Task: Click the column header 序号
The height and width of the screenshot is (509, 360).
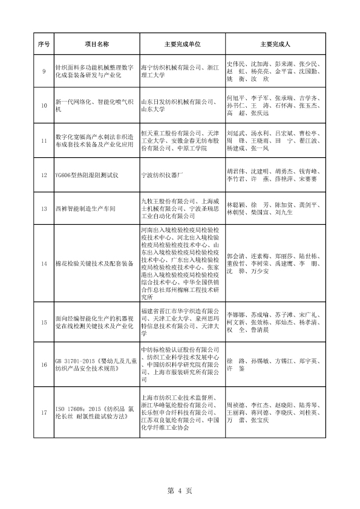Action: point(43,45)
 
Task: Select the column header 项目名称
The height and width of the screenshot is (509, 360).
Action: point(97,45)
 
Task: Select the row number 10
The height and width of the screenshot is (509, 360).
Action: point(43,105)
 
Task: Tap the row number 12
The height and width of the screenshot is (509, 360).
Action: point(43,175)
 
